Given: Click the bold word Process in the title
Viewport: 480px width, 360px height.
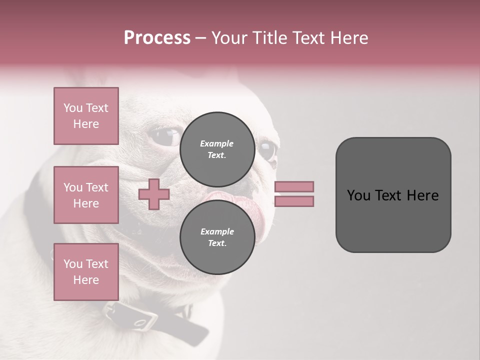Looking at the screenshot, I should point(157,38).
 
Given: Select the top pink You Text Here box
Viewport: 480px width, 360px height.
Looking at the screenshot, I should point(86,116).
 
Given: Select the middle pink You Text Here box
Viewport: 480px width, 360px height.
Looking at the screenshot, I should point(86,195).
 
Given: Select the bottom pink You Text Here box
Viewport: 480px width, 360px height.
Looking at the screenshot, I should point(86,272).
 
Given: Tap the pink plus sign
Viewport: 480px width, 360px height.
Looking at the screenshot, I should point(154,194).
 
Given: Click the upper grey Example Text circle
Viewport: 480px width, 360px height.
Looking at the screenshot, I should point(217,149).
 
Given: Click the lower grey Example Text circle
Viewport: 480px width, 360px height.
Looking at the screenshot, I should point(217,237).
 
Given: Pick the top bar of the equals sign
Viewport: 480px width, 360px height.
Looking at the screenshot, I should point(294,187).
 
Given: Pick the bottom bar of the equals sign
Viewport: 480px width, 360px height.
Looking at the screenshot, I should point(294,201).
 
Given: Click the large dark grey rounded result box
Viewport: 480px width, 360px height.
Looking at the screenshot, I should point(393,195).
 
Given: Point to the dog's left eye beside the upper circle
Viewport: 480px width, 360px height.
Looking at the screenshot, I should point(167,136).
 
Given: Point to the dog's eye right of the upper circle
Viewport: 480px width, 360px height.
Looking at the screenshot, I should point(267,150).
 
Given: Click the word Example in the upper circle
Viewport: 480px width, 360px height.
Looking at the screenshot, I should point(217,143).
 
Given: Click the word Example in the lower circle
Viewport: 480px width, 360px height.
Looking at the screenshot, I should point(217,231).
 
